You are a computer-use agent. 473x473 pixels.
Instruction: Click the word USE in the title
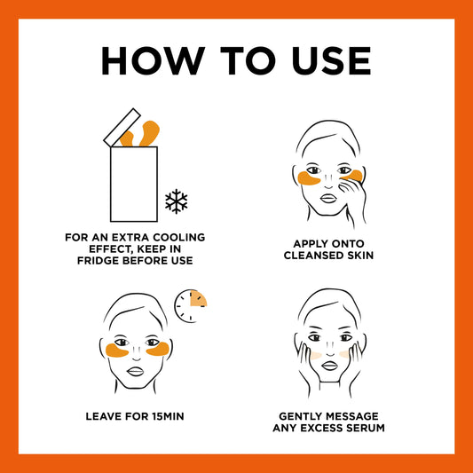point(331,60)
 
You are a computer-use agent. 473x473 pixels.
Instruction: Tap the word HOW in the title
point(154,60)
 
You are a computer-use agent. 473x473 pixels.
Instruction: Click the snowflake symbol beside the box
point(177,201)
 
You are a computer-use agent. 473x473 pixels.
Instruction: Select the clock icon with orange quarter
point(191,306)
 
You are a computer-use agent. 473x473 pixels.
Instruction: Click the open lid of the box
point(122,128)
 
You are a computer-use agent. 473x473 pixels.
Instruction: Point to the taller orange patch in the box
point(149,133)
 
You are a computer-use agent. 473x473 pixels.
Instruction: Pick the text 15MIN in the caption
point(169,416)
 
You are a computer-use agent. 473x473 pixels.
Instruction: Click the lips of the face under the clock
point(135,371)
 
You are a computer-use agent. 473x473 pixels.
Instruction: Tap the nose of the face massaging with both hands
point(330,352)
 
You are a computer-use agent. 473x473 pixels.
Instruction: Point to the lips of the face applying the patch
point(328,199)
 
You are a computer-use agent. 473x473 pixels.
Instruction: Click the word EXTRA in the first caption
point(131,238)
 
